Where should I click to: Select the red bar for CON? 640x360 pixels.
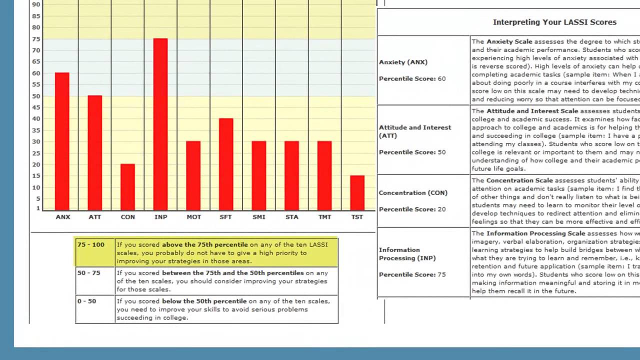(x=127, y=187)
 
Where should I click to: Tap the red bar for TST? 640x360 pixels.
(x=357, y=192)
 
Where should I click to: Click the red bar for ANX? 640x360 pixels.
(x=62, y=141)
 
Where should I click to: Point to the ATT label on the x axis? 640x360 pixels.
(x=94, y=217)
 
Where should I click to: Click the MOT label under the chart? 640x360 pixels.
(x=193, y=217)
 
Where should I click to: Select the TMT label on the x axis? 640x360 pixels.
(x=324, y=217)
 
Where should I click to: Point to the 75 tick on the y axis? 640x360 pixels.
(x=36, y=39)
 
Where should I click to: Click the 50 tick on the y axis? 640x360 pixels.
(x=36, y=96)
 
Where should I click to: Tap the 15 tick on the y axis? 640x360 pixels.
(x=36, y=176)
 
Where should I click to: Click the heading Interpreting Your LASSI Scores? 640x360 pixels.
(x=554, y=22)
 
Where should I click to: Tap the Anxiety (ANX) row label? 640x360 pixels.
(x=403, y=62)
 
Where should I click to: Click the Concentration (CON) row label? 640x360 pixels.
(x=413, y=193)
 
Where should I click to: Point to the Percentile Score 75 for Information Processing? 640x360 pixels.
(x=412, y=274)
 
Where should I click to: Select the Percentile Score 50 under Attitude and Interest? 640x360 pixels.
(x=412, y=152)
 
